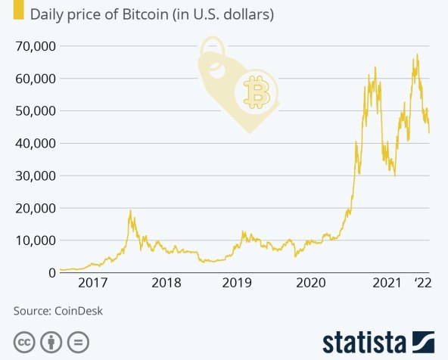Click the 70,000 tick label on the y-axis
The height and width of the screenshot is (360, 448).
coord(35,46)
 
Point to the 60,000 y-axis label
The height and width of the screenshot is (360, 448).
coord(35,79)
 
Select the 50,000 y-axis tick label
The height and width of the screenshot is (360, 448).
coord(35,111)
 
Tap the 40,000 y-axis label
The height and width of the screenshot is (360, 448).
coord(35,144)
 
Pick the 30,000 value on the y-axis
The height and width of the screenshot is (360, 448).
coord(35,176)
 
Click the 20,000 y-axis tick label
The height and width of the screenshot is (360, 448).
coord(35,208)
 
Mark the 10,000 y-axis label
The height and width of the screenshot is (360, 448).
coord(35,241)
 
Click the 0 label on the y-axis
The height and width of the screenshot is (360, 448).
coord(51,273)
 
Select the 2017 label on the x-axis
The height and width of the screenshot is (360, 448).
coord(92,283)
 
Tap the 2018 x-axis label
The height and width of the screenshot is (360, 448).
coord(166,283)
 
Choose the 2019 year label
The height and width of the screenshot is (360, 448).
coord(239,283)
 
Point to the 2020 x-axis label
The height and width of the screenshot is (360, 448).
coord(313,283)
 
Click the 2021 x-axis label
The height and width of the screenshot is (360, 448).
coord(386,283)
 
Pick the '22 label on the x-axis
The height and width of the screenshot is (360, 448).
coord(423,283)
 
